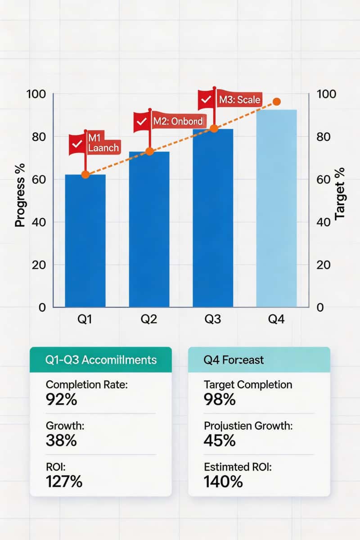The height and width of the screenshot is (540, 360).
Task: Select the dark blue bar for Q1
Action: tap(85, 241)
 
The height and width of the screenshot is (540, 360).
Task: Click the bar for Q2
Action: tap(149, 229)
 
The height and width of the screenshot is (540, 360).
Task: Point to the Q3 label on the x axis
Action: tap(213, 319)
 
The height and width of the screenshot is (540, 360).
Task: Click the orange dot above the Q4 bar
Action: tap(277, 102)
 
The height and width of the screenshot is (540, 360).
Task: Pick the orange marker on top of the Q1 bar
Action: tap(85, 174)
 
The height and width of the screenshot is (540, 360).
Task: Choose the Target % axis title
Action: tap(340, 193)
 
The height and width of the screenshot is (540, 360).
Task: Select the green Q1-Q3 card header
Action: tap(100, 360)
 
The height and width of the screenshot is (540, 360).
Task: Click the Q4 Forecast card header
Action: tap(259, 360)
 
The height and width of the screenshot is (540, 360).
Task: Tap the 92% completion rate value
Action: tap(62, 399)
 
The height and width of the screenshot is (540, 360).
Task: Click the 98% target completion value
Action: tap(220, 399)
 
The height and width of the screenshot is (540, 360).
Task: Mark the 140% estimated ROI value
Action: tap(223, 481)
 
